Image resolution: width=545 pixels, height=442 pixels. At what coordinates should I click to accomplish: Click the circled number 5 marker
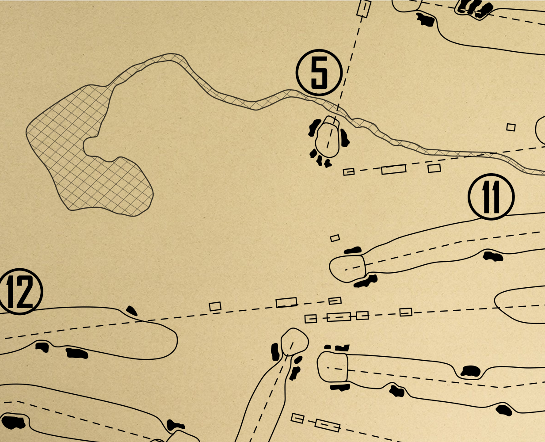(x=319, y=72)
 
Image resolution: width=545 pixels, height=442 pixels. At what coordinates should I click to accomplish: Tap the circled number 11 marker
(x=491, y=197)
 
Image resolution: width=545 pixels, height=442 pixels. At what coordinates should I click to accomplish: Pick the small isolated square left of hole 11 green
(x=335, y=238)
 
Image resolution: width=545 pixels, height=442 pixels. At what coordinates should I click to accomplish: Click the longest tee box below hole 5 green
(x=393, y=169)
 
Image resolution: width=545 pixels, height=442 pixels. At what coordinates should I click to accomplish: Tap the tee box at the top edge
(x=363, y=8)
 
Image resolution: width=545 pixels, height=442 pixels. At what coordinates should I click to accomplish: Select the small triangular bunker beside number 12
(x=131, y=310)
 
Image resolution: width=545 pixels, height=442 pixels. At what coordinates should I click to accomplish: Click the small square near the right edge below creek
(x=511, y=127)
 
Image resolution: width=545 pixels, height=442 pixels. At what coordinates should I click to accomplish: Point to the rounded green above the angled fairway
(x=294, y=341)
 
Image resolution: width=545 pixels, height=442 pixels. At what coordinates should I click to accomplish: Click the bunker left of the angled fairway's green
(x=275, y=351)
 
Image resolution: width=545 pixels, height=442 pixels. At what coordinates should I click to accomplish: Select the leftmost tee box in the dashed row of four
(x=311, y=319)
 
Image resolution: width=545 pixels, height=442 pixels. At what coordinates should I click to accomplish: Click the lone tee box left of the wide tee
(x=215, y=306)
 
